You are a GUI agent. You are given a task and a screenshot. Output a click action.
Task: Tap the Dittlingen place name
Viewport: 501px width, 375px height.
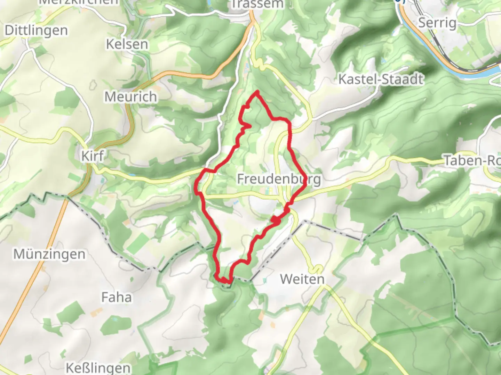point(36,31)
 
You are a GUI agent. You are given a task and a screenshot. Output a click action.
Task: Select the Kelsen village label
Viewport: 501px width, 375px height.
point(127,44)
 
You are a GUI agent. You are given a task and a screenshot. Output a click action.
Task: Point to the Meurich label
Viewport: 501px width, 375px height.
point(130,97)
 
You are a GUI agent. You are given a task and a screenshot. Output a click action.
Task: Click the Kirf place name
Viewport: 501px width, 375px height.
point(92,156)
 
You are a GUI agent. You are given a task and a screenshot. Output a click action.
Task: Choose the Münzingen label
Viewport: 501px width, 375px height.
point(49,254)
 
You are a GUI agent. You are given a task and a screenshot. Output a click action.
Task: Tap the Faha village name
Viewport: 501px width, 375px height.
point(117,297)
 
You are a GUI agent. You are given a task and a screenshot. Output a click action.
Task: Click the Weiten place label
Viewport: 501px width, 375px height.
point(302,279)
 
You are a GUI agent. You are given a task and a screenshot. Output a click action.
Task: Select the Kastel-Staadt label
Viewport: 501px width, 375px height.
point(381,80)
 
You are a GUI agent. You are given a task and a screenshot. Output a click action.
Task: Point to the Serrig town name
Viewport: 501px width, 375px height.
point(437,23)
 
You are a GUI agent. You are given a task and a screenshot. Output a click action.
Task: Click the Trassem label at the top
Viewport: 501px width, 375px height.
point(257,4)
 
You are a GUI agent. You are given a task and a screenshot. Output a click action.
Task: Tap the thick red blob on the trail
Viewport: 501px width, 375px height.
point(276,220)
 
